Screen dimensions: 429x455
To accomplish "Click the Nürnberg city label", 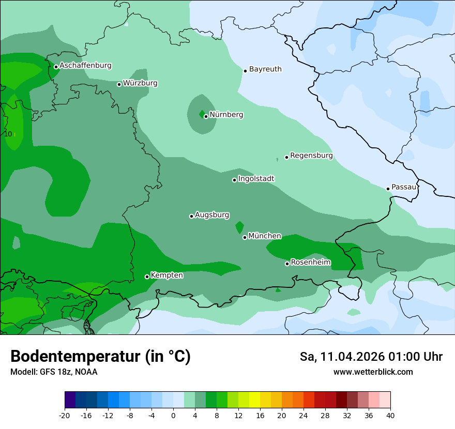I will click(x=226, y=115).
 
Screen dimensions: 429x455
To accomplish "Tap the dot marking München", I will click(x=245, y=237).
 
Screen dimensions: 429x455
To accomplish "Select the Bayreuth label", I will click(x=265, y=69).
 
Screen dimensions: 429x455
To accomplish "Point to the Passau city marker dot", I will click(x=388, y=189).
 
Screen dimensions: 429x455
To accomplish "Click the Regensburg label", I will click(x=311, y=156).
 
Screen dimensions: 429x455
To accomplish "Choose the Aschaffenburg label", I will click(x=85, y=66).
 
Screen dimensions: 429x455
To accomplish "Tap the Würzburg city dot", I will click(x=119, y=84).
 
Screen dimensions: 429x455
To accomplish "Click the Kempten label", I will click(x=166, y=275).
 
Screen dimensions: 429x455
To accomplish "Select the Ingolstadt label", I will click(x=256, y=179).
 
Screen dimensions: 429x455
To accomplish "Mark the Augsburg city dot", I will click(x=191, y=216).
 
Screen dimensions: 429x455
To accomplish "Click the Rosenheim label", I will click(x=310, y=263).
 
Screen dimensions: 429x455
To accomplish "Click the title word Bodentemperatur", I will click(x=75, y=357).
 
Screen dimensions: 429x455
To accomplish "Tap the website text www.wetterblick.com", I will click(x=373, y=372).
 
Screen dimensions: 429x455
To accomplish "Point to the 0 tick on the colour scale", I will click(x=173, y=415).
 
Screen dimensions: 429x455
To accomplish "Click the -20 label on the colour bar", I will click(x=65, y=415).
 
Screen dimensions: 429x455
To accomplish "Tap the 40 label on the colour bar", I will click(x=390, y=415).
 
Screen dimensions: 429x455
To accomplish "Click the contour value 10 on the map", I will click(x=8, y=134).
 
